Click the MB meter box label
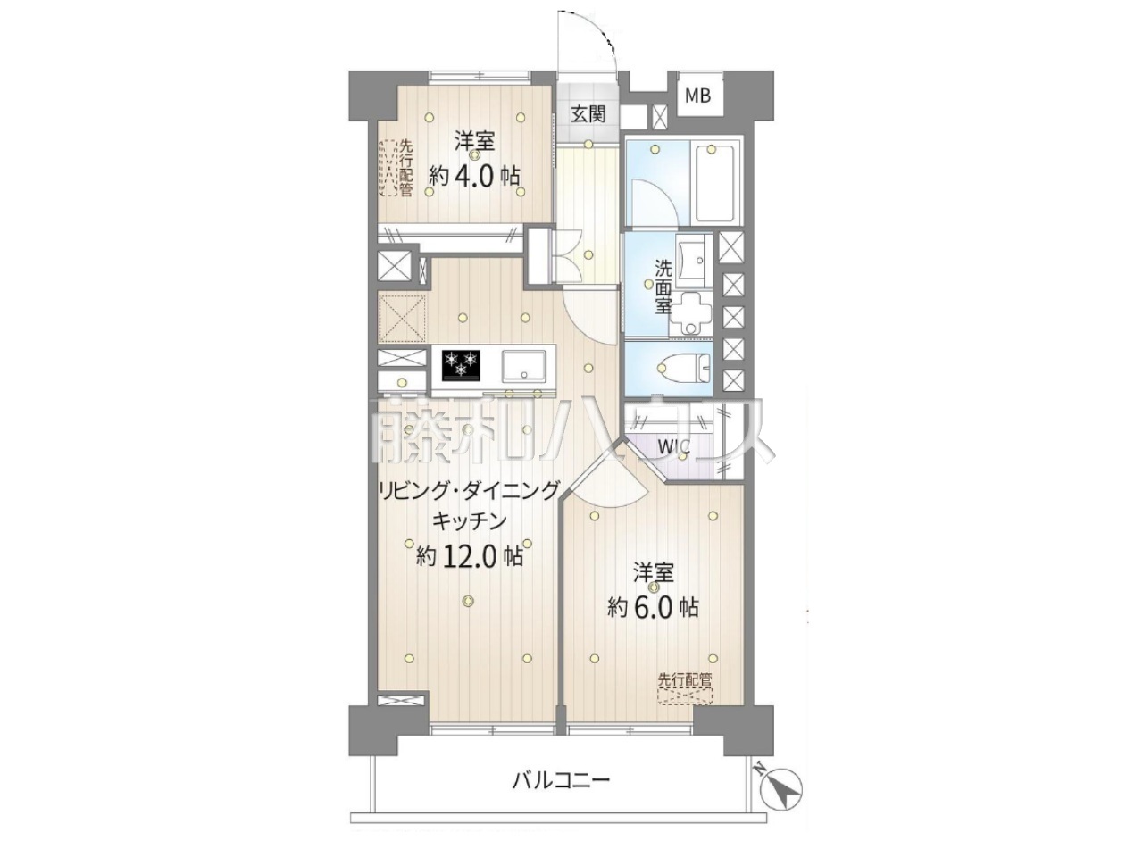[x=697, y=96]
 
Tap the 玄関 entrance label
[x=588, y=114]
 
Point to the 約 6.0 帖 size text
[x=653, y=606]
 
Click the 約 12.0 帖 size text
[x=470, y=557]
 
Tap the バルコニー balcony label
[x=561, y=795]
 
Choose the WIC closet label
[x=674, y=446]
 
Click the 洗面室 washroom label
[x=663, y=287]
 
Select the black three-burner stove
[x=462, y=365]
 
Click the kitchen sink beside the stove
[x=524, y=366]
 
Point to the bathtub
[x=713, y=183]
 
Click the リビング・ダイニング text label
[x=470, y=491]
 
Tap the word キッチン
[x=470, y=520]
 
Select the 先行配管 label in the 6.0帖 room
[x=685, y=680]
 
